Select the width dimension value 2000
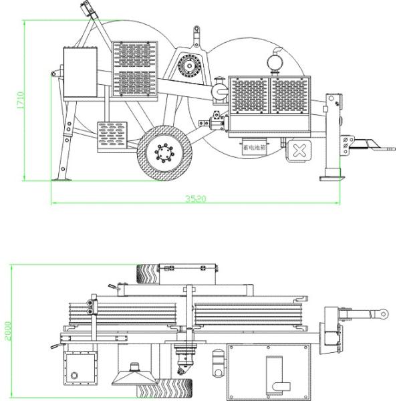coord(7,332)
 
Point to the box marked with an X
coord(299,150)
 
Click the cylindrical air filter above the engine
coord(274,61)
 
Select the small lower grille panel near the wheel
coord(114,136)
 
